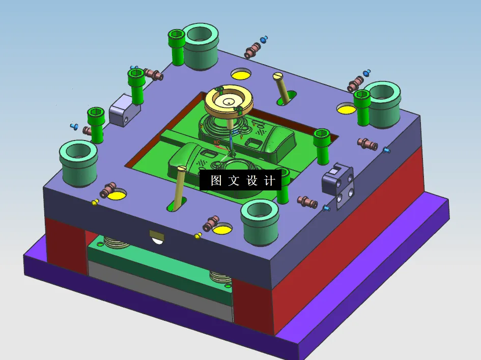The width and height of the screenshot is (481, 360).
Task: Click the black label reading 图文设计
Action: pyautogui.click(x=240, y=181)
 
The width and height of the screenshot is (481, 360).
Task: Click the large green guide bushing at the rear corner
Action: pyautogui.click(x=201, y=46)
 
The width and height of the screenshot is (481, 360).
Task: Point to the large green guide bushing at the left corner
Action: pyautogui.click(x=78, y=163)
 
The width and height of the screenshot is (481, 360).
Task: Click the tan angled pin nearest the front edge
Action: pyautogui.click(x=179, y=188)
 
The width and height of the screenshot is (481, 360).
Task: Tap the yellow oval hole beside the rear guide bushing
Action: pyautogui.click(x=241, y=74)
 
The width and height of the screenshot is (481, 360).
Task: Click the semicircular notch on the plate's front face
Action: pyautogui.click(x=157, y=237)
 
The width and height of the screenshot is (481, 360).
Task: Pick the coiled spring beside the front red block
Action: pyautogui.click(x=220, y=278)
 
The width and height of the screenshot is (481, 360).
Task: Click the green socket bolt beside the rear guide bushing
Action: pyautogui.click(x=177, y=46)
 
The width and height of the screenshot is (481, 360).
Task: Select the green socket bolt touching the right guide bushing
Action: pyautogui.click(x=362, y=107)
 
